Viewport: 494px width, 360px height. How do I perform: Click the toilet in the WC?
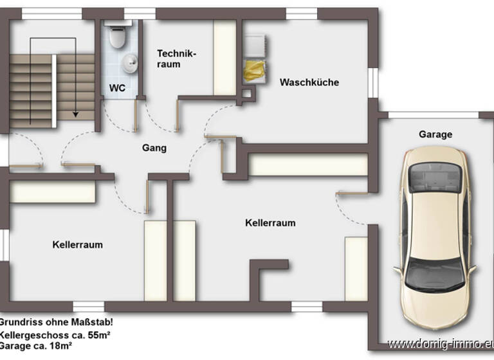117,37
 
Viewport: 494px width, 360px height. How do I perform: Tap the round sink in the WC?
130,62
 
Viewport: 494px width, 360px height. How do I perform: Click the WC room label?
117,87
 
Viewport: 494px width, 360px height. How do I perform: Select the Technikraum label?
177,59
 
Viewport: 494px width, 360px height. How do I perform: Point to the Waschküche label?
309,82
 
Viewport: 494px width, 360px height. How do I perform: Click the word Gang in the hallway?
154,148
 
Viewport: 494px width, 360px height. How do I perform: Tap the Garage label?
435,134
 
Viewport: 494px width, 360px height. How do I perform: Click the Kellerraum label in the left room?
77,244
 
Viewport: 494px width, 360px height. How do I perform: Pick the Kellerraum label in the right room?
270,223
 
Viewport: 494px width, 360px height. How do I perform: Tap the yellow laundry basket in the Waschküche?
253,69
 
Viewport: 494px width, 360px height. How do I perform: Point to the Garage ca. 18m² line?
36,346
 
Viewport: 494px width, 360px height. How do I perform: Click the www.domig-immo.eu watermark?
441,345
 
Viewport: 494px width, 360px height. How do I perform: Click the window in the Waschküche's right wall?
373,82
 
